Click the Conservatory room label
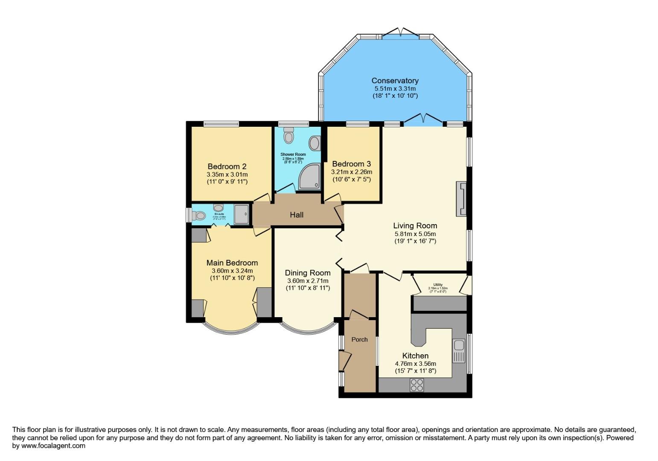point(395,81)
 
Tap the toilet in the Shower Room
point(289,136)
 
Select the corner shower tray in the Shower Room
point(309,177)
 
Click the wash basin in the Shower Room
point(315,143)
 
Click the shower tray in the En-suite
point(242,214)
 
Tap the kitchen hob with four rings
point(416,385)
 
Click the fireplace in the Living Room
point(461,199)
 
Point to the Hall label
point(297,215)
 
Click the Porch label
point(359,339)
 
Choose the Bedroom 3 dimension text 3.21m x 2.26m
point(352,172)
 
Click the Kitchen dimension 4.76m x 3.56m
point(415,364)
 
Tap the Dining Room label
point(308,273)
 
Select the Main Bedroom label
point(232,263)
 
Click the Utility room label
point(438,285)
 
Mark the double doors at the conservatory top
point(400,33)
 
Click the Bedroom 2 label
point(227,166)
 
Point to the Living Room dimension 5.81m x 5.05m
point(415,234)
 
